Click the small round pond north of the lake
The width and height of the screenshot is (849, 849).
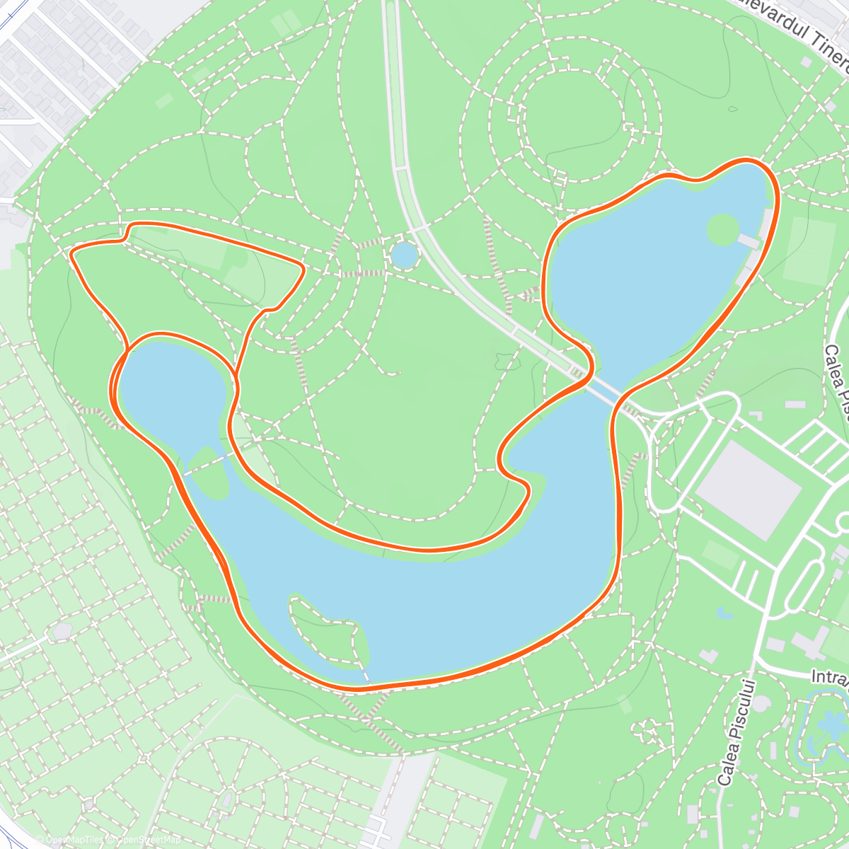click(404, 255)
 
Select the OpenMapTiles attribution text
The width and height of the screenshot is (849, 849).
click(70, 840)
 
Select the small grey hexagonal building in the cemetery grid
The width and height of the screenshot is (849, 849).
click(62, 629)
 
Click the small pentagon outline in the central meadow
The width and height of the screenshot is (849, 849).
click(505, 360)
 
